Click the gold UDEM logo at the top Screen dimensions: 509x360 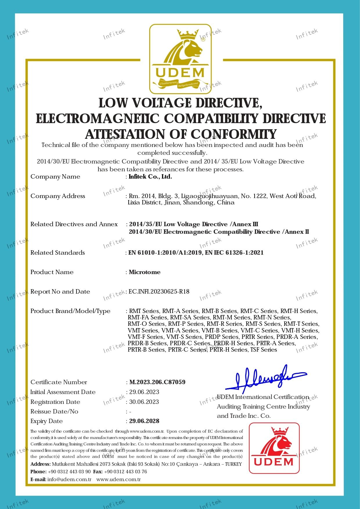point(180,59)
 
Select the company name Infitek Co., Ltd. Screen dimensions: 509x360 point(150,177)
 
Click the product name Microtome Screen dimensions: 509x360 point(145,272)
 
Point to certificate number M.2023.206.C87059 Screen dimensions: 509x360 point(157,382)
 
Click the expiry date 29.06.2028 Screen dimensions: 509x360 point(144,421)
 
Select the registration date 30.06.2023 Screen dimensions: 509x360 point(144,402)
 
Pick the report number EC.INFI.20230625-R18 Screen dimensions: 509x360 point(159,292)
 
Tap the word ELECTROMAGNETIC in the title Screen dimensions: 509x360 point(98,119)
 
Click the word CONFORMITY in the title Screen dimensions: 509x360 point(233,134)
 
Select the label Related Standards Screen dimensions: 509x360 point(57,253)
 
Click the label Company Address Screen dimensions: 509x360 point(58,196)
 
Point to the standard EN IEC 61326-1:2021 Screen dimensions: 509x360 point(234,253)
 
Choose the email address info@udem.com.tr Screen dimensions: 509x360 point(69,479)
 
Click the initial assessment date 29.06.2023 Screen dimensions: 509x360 point(144,392)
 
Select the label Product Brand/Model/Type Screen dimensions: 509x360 point(70,311)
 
